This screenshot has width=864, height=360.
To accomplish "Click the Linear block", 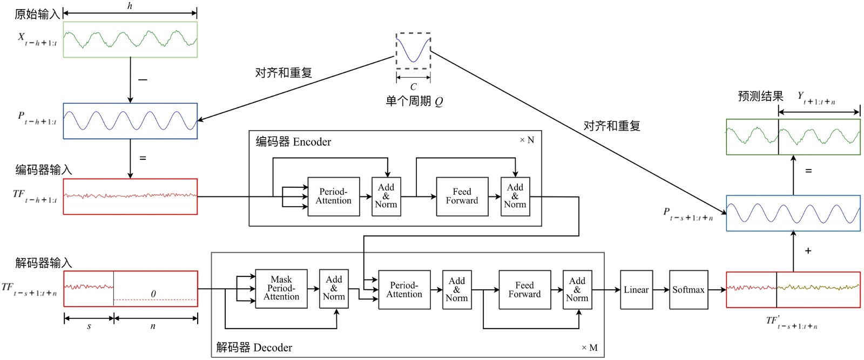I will [x=636, y=290].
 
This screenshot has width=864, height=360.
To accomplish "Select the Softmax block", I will [x=688, y=290].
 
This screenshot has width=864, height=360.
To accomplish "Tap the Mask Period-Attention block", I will [x=281, y=288].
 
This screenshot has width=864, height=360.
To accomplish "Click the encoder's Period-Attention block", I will [x=333, y=196].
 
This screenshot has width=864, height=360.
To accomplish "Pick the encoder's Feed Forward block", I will [x=462, y=196].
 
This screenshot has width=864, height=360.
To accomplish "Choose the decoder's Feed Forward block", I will [x=524, y=290].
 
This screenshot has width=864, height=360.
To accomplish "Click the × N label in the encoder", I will [x=526, y=140].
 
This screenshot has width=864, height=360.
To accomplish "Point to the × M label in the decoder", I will [x=589, y=348].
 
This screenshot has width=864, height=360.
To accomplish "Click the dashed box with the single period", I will [x=413, y=51].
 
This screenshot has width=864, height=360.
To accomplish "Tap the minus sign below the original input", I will [x=143, y=80].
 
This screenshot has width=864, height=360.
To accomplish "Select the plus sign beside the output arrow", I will [x=808, y=251].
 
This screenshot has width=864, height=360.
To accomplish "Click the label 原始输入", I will [x=37, y=14].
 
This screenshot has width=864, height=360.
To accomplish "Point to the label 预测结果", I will [x=760, y=97].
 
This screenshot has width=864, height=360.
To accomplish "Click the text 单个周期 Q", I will [x=414, y=101].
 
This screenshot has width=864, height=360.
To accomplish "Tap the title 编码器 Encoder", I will [x=293, y=142].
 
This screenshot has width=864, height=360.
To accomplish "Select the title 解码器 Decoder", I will [x=254, y=348].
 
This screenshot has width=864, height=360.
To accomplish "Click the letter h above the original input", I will [x=130, y=6].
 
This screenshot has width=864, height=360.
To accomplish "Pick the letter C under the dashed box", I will [x=413, y=86].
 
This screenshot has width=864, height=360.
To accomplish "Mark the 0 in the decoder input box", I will [x=153, y=294].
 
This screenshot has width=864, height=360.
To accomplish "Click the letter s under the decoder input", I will [x=89, y=327].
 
